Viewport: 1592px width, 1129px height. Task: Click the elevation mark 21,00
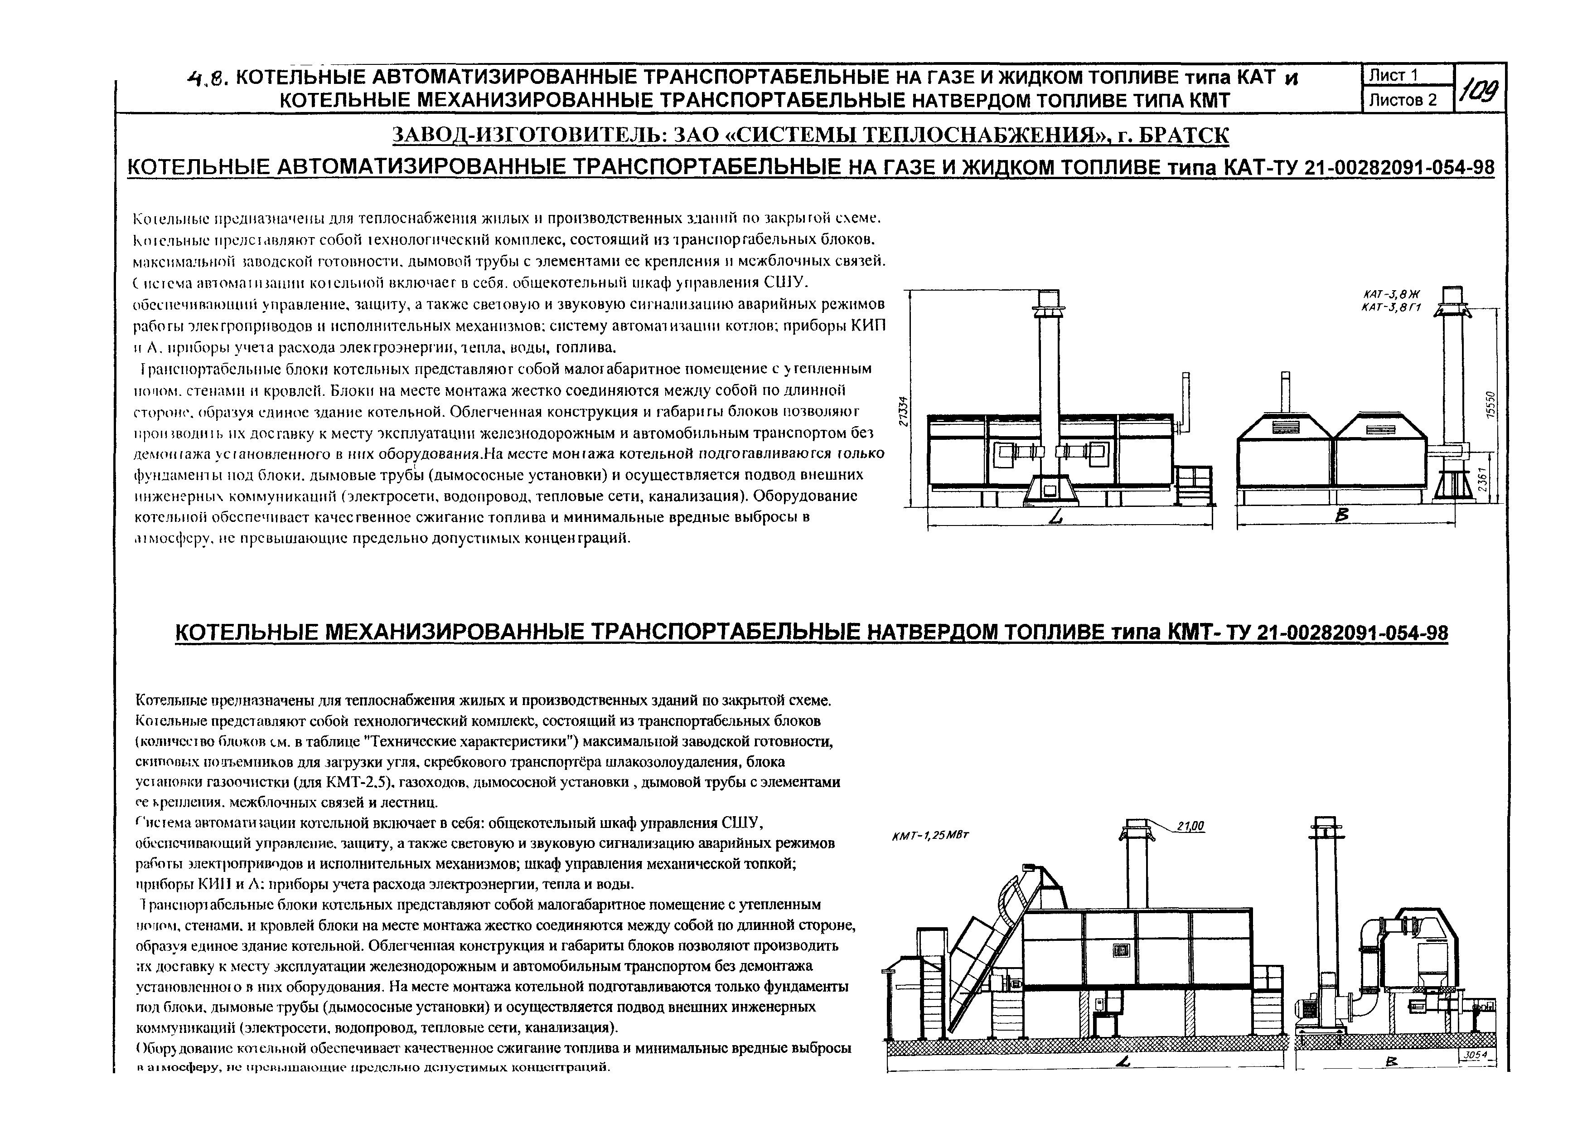(1190, 827)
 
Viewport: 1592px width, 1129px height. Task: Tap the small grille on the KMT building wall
(1121, 951)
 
